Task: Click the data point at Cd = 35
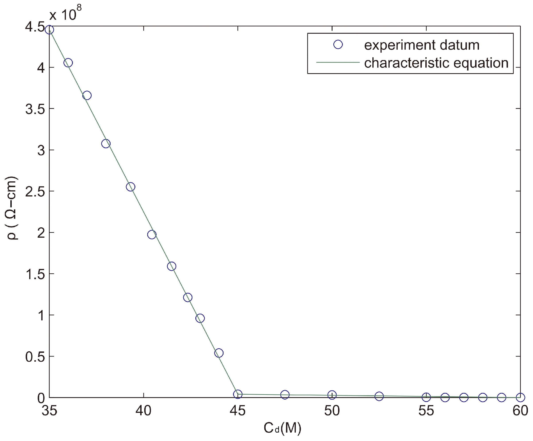pos(49,30)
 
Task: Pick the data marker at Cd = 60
pos(520,397)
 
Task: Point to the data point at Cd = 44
pos(219,353)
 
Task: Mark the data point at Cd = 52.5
pos(379,396)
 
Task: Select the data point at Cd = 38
pos(106,143)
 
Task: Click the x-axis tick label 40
pos(143,411)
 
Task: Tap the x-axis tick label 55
pos(426,411)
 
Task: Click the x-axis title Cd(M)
pos(282,428)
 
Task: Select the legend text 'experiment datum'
pos(422,45)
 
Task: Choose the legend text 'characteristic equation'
pos(436,63)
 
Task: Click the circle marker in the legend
pos(338,45)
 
